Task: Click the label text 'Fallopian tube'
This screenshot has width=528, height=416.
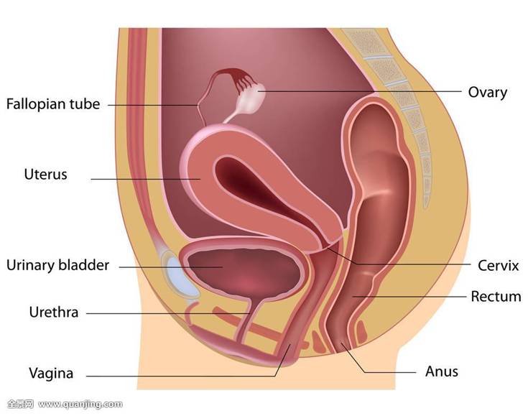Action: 53,104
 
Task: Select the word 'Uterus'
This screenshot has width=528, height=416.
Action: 45,175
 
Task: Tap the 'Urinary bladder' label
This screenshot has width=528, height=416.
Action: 58,265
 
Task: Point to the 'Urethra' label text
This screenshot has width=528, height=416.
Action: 54,313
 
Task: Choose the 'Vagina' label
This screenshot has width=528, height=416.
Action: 51,373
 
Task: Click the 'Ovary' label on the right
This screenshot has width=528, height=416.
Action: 488,93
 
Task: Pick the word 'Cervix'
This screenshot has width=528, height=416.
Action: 499,266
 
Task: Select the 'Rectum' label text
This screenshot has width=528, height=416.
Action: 496,297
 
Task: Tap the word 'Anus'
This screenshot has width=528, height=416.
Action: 442,372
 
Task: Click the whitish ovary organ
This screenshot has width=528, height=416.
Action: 251,98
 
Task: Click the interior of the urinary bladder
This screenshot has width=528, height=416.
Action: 243,269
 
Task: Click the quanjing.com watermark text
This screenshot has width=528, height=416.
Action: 80,404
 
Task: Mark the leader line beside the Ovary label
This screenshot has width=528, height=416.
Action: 359,91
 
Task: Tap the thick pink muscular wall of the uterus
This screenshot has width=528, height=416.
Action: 200,178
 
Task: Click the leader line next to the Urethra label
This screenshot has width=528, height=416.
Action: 168,313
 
